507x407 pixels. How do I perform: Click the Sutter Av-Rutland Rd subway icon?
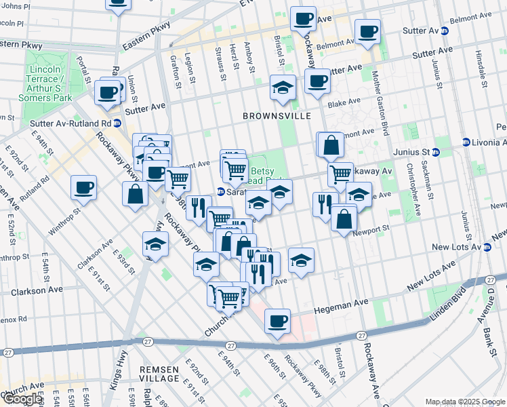tap(117, 123)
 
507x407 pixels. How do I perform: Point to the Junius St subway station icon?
tap(436, 152)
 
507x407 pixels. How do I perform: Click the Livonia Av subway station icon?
tap(466, 142)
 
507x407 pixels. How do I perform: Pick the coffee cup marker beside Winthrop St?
tap(83, 188)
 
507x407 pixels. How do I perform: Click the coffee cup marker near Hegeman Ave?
tap(277, 322)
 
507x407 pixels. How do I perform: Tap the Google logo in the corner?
tap(22, 398)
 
